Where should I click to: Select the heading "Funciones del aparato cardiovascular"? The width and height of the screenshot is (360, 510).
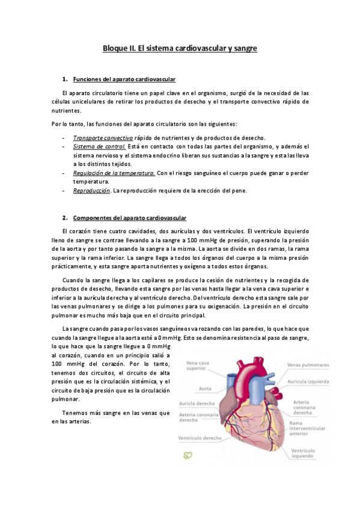(x=124, y=79)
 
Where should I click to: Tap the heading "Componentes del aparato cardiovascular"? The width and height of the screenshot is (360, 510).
(x=129, y=217)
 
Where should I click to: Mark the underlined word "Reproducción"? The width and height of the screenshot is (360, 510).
(x=91, y=191)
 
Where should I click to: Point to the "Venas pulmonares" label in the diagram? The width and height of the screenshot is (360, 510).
(x=308, y=365)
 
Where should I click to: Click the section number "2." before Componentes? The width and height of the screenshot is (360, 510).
(x=65, y=217)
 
